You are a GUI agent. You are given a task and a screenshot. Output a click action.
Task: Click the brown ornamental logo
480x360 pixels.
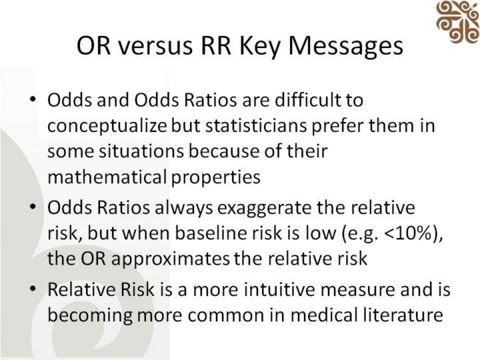pyautogui.click(x=458, y=21)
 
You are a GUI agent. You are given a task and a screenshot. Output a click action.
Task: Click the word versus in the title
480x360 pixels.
pyautogui.click(x=155, y=46)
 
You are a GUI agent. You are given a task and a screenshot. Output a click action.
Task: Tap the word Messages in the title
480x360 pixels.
pyautogui.click(x=345, y=46)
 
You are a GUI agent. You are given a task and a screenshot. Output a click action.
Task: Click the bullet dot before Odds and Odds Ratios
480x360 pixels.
pyautogui.click(x=33, y=99)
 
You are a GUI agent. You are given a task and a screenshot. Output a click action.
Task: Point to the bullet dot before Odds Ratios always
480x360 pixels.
pyautogui.click(x=33, y=207)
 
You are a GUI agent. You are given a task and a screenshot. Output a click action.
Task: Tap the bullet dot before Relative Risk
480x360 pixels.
pyautogui.click(x=33, y=289)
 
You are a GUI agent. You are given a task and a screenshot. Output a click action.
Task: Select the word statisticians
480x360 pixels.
pyautogui.click(x=256, y=126)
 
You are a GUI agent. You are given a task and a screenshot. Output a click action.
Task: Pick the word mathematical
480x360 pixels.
pyautogui.click(x=107, y=177)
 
